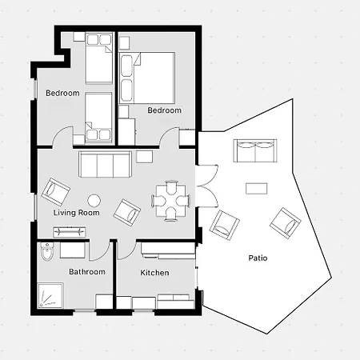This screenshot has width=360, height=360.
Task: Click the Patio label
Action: point(258,258)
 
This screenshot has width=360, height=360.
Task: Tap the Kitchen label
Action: point(154,273)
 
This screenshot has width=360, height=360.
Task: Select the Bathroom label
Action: point(87,272)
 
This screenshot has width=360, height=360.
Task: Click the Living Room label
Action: point(77,213)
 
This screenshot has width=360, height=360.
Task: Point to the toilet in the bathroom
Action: point(47,251)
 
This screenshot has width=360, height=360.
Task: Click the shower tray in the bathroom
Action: point(50,295)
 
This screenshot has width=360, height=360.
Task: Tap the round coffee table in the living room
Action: point(94,200)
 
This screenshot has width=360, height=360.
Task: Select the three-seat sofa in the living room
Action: point(106,164)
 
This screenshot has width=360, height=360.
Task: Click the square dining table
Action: point(171,201)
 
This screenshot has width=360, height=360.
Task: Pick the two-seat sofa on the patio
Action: point(255,150)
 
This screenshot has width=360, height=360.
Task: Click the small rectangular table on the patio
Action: point(257,189)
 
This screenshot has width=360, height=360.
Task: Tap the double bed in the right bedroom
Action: point(147,78)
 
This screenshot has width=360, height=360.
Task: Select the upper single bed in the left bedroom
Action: point(98,58)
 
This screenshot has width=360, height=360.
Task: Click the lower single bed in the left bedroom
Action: point(98,118)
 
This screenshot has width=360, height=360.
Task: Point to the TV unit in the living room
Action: point(70,232)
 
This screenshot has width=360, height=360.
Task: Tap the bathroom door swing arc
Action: point(102,255)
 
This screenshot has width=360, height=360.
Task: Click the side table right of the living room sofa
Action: point(145,157)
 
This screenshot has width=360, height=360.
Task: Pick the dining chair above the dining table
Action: point(171,186)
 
